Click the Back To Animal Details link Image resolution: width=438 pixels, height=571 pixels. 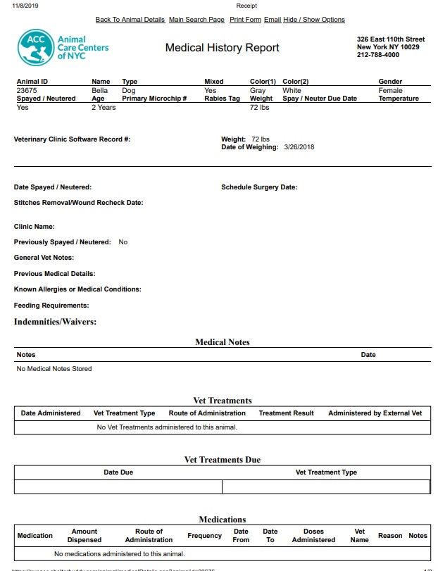tap(130, 20)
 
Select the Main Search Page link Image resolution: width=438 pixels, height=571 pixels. tap(196, 20)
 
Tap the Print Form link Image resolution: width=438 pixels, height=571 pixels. tap(245, 20)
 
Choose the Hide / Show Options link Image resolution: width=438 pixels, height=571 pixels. tap(314, 20)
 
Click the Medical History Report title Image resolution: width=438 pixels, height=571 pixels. tap(222, 48)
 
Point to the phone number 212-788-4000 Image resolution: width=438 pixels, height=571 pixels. tap(378, 55)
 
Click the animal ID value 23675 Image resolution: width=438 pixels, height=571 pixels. tap(27, 90)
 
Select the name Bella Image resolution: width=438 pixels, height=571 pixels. tap(100, 90)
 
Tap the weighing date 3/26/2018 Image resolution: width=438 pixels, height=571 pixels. tap(299, 147)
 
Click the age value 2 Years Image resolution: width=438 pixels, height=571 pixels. tap(104, 108)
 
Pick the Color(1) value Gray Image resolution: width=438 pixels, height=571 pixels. tap(258, 90)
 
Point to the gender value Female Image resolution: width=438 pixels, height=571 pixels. tap(390, 90)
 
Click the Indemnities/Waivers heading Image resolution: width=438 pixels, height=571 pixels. tap(55, 322)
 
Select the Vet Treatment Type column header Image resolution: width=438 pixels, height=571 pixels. tap(124, 413)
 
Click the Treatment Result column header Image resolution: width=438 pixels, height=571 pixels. tap(286, 413)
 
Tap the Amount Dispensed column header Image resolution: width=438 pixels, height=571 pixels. tap(84, 536)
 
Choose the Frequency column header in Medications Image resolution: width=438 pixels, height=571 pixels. tap(205, 536)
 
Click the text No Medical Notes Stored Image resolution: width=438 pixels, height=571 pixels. tap(54, 368)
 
